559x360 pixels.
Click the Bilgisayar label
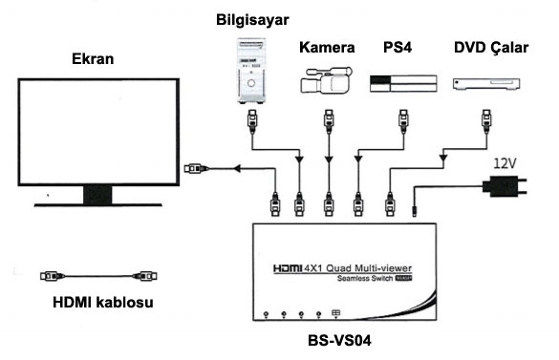252,20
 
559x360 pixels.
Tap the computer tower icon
251,71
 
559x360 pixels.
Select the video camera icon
326,80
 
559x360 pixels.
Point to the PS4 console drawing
403,83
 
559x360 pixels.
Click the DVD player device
486,84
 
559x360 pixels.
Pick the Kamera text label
327,48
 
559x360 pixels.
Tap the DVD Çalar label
491,48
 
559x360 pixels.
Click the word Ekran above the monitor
93,59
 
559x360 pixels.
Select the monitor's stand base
98,204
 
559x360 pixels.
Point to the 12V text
505,163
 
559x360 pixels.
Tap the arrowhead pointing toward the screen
237,168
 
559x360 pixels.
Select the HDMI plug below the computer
252,121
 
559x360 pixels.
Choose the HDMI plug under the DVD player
486,121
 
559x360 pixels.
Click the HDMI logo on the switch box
288,267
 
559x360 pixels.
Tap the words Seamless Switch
365,279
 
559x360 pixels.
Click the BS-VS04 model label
339,341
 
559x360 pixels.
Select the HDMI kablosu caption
103,303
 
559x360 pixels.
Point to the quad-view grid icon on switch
335,313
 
